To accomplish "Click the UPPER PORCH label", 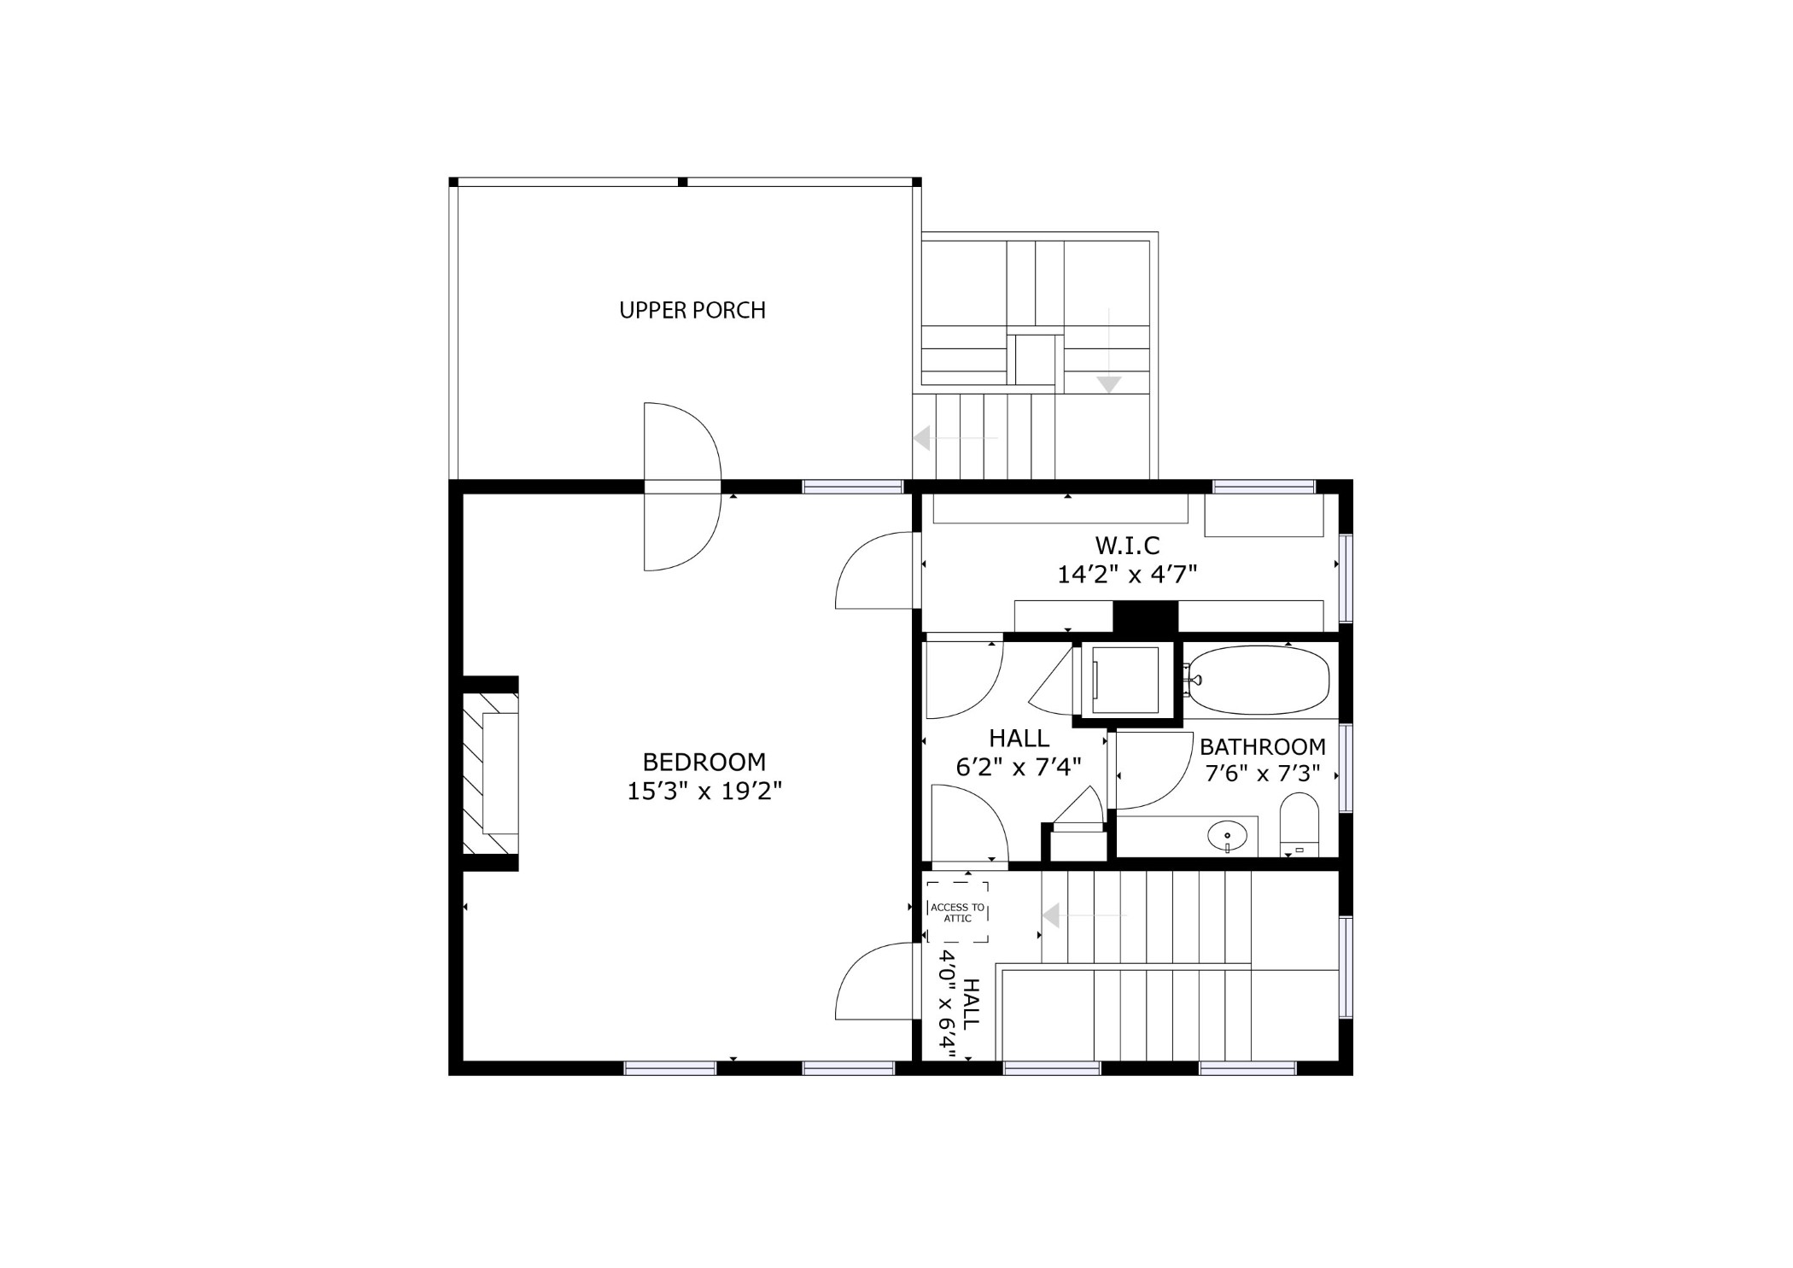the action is [x=692, y=310].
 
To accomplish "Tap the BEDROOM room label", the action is [x=704, y=762].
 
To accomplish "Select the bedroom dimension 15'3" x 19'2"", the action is [x=704, y=792].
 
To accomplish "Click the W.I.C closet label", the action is [x=1127, y=545].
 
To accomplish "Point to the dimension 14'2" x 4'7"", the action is [x=1127, y=575].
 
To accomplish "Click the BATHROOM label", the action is [x=1263, y=747].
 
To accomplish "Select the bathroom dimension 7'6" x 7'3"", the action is [x=1263, y=774].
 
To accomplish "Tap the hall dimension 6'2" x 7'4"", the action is [x=1019, y=768].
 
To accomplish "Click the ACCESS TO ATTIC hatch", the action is [x=957, y=913].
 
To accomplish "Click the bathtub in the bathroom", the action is [x=1257, y=681].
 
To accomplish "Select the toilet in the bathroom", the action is [x=1299, y=825].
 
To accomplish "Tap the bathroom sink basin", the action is [x=1227, y=836].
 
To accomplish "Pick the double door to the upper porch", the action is [x=682, y=487].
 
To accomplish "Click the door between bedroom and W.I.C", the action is [x=875, y=570].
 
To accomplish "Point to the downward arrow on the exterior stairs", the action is [x=1108, y=350].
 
